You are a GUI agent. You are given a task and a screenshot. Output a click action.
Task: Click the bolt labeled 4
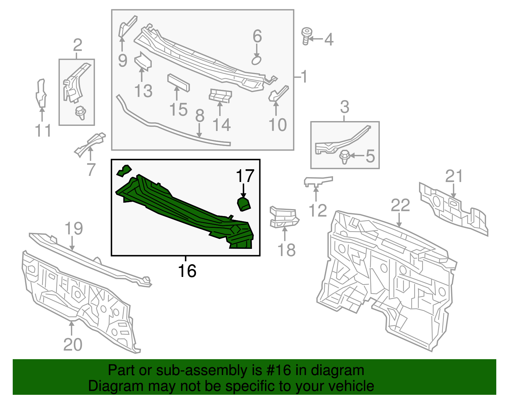(x=307, y=36)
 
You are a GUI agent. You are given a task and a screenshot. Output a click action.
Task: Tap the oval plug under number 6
(x=256, y=60)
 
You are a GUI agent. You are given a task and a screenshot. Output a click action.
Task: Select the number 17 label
(x=245, y=176)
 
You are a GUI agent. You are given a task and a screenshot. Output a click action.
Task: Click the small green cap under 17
(x=244, y=204)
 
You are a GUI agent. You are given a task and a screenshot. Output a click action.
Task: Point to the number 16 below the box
(x=187, y=271)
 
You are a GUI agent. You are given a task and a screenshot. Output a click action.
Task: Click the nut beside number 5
(x=345, y=157)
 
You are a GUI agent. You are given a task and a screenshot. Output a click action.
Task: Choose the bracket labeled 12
(x=317, y=181)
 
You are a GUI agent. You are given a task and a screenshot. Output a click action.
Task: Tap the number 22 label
(x=400, y=206)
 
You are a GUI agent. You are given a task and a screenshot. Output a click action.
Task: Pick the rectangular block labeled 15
(x=178, y=83)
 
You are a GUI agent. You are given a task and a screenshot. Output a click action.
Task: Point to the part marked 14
(x=220, y=96)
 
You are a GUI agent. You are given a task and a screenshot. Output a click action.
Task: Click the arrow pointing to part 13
(x=142, y=75)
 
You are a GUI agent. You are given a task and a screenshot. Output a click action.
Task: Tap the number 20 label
(x=73, y=344)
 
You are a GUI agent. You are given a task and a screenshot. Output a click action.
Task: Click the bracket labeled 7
(x=90, y=144)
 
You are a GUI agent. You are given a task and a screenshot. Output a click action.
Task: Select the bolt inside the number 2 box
(x=80, y=112)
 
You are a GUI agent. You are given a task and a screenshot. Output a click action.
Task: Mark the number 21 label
(x=454, y=176)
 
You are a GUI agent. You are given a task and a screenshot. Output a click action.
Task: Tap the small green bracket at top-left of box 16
(x=124, y=170)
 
